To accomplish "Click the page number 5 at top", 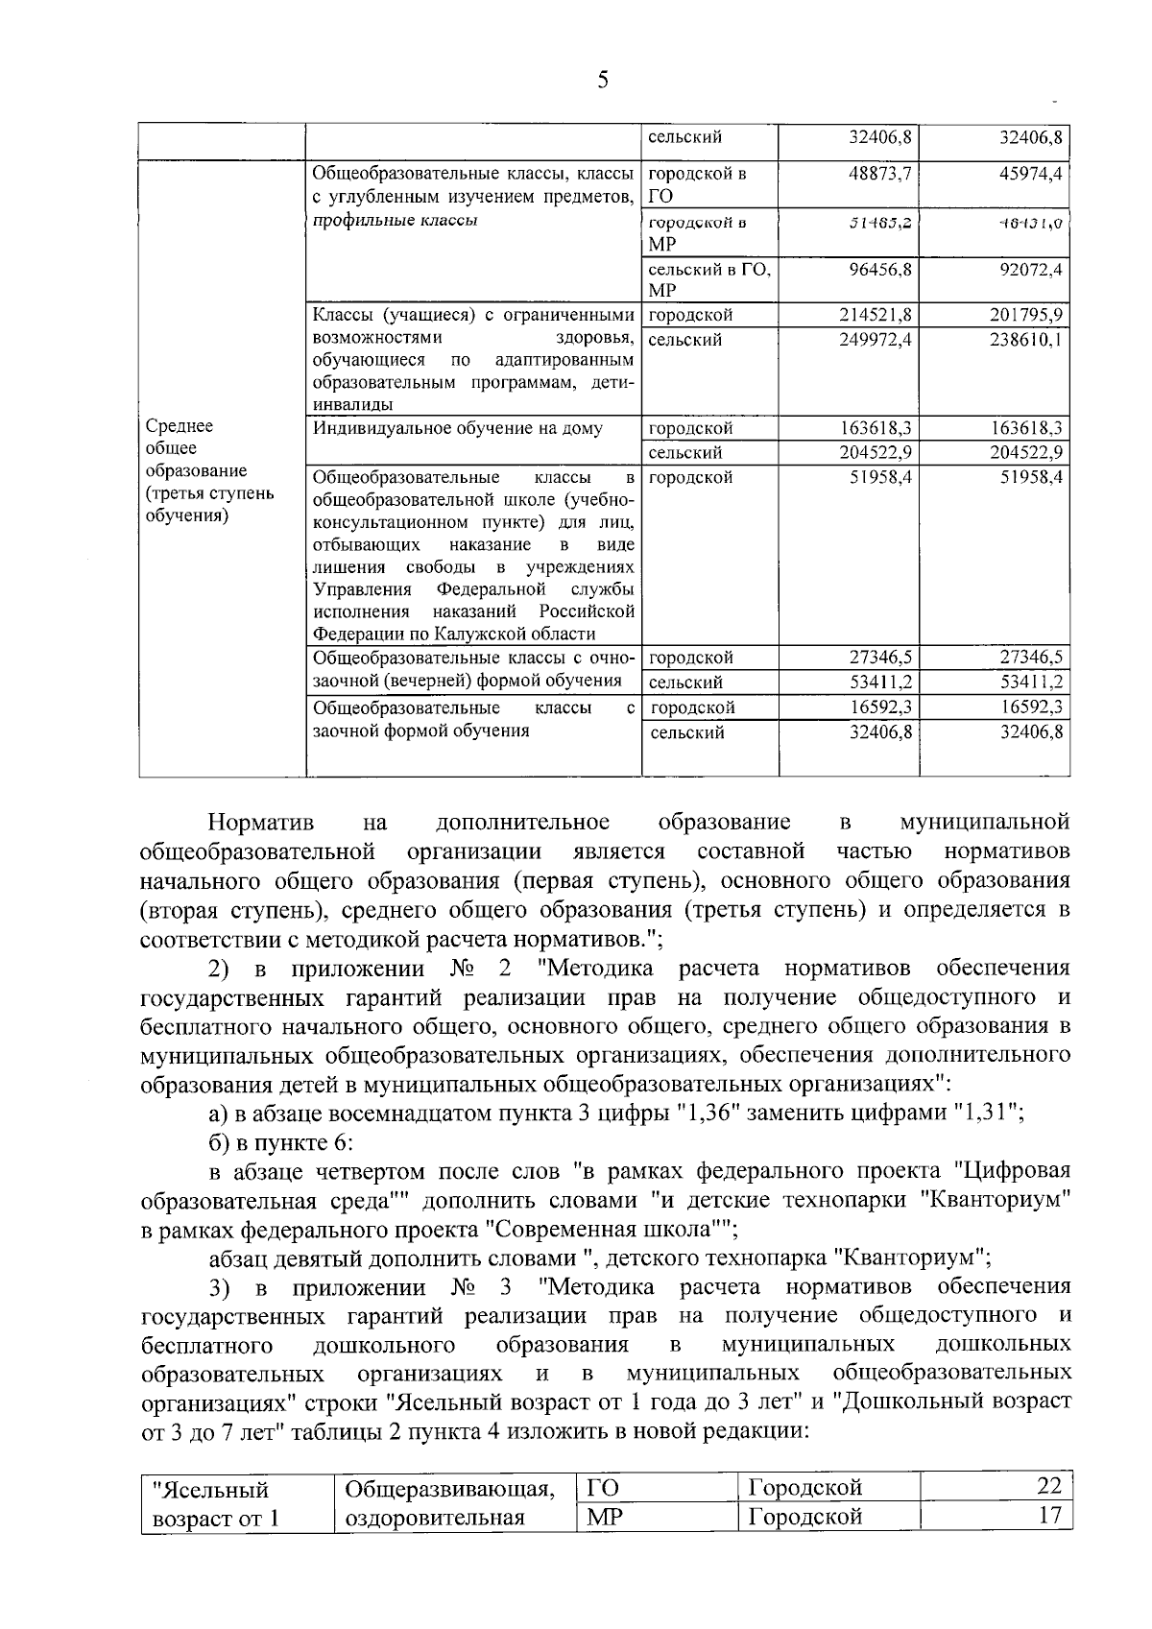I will [603, 81].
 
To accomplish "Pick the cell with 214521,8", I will [875, 315].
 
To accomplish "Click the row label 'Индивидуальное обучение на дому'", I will [458, 428].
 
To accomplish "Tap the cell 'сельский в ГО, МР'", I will [708, 279].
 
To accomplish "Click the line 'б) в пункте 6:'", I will [281, 1142].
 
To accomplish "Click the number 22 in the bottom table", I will [1049, 1486].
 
